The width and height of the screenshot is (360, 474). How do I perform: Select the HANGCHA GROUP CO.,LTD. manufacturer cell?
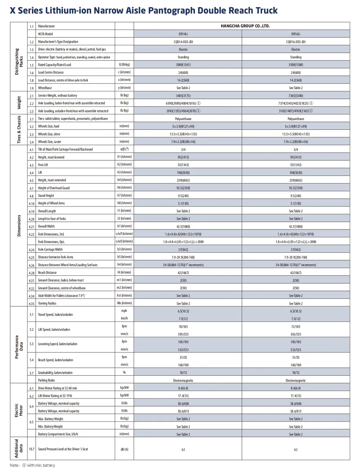tap(245, 26)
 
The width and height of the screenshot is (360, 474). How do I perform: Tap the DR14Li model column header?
tap(183, 34)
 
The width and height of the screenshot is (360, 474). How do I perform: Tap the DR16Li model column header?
tap(295, 34)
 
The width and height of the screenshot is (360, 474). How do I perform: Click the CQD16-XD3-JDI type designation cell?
tap(295, 42)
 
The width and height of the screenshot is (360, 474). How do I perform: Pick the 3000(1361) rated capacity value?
tap(183, 65)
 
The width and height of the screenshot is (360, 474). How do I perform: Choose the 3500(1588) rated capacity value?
tap(295, 65)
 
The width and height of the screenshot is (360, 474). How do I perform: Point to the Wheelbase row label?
tap(45, 88)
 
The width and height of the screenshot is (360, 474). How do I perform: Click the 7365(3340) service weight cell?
tap(295, 96)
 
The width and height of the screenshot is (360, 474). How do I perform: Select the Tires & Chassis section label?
tap(19, 129)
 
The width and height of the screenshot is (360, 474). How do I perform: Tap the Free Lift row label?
tap(43, 165)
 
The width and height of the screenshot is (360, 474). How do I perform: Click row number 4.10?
tap(32, 204)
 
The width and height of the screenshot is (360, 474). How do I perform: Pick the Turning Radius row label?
tap(47, 304)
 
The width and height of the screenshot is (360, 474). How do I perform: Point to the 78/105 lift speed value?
tap(183, 327)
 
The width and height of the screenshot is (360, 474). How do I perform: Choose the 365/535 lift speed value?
tap(295, 334)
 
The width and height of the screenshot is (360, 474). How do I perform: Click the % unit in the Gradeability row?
tap(124, 372)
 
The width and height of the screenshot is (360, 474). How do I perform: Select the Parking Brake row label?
tap(47, 380)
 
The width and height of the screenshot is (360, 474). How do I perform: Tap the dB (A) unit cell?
tap(124, 449)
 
